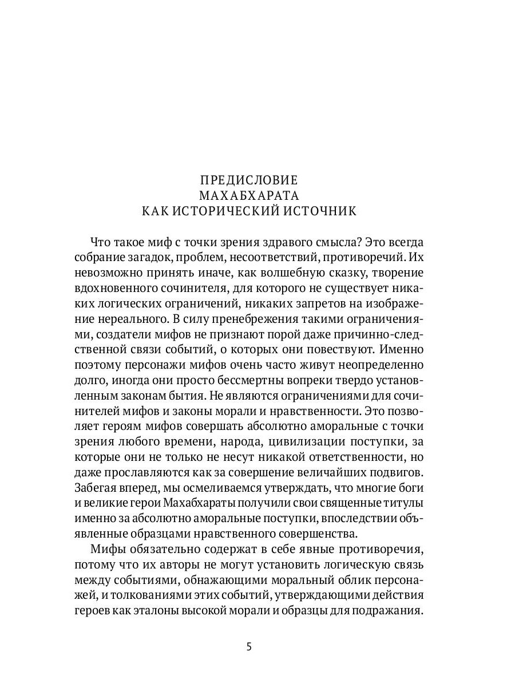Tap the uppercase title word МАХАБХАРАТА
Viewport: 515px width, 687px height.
pos(249,195)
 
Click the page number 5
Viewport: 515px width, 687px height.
pos(249,647)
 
